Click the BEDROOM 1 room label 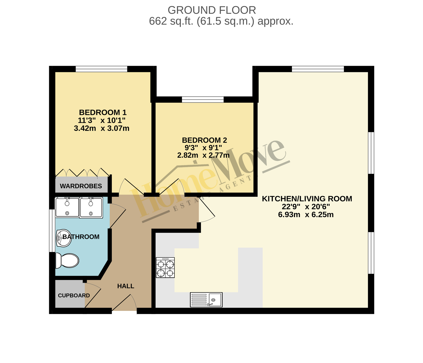[x=103, y=112]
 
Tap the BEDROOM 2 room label [x=205, y=140]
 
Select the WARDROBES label [x=81, y=186]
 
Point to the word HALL [x=126, y=286]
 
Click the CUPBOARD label [x=74, y=296]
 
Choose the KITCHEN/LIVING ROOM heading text [x=307, y=199]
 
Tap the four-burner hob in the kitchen [x=165, y=267]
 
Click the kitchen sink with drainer [x=206, y=300]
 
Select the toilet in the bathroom [x=67, y=261]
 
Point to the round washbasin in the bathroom [x=64, y=238]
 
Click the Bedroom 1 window [x=102, y=69]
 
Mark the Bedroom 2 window [x=203, y=99]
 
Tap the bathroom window [x=52, y=230]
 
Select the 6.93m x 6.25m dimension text [x=306, y=215]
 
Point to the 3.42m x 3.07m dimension [x=102, y=129]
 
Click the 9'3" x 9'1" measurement [x=203, y=148]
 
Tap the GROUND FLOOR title [x=212, y=10]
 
